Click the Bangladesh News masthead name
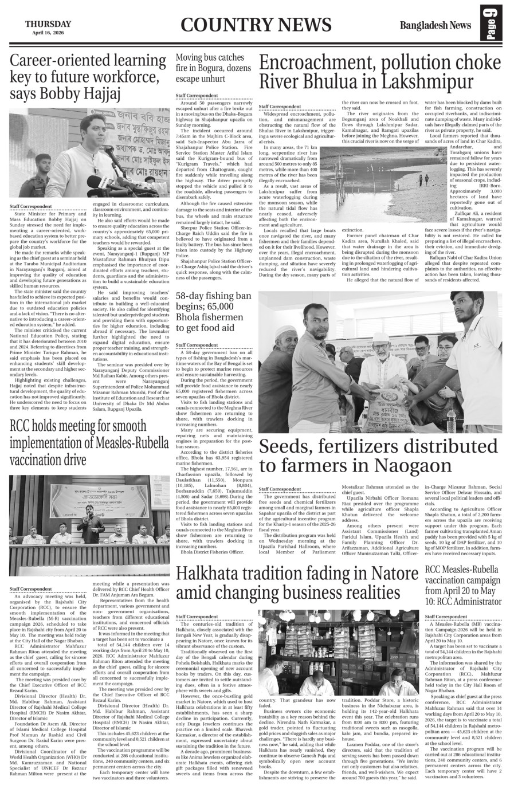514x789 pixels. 435,25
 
